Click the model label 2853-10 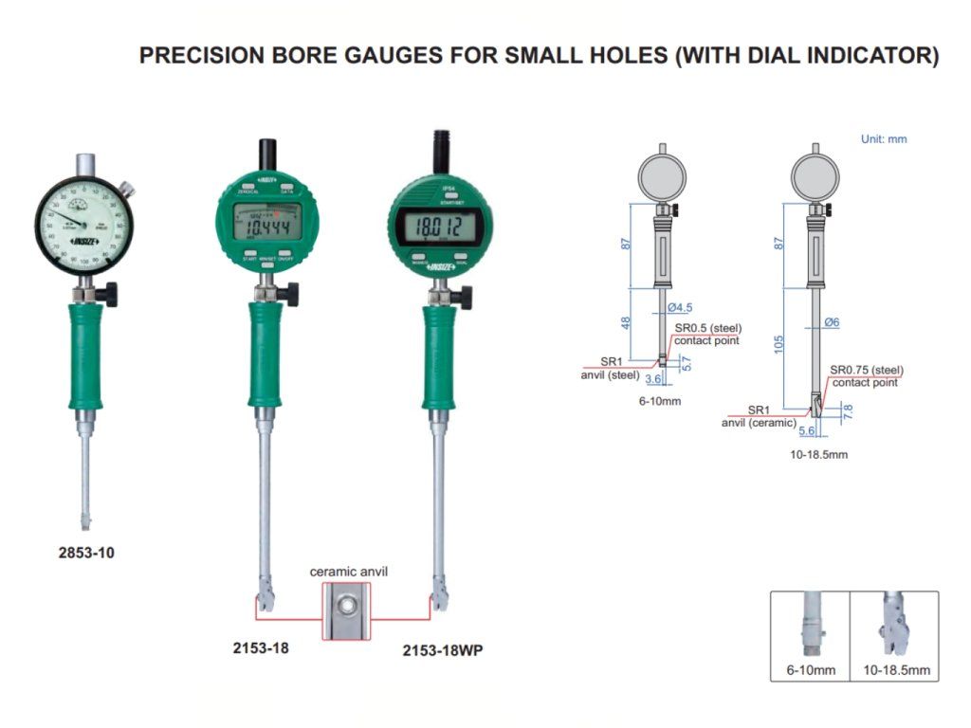coord(86,552)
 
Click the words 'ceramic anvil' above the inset coord(349,572)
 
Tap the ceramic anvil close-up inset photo coord(348,610)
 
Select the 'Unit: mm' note coord(883,139)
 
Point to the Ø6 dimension coord(832,322)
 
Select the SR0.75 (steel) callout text coord(867,370)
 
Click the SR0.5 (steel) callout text coord(707,328)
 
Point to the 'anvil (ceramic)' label coord(759,423)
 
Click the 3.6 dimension coord(652,379)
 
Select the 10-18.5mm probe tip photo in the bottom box coord(893,630)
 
